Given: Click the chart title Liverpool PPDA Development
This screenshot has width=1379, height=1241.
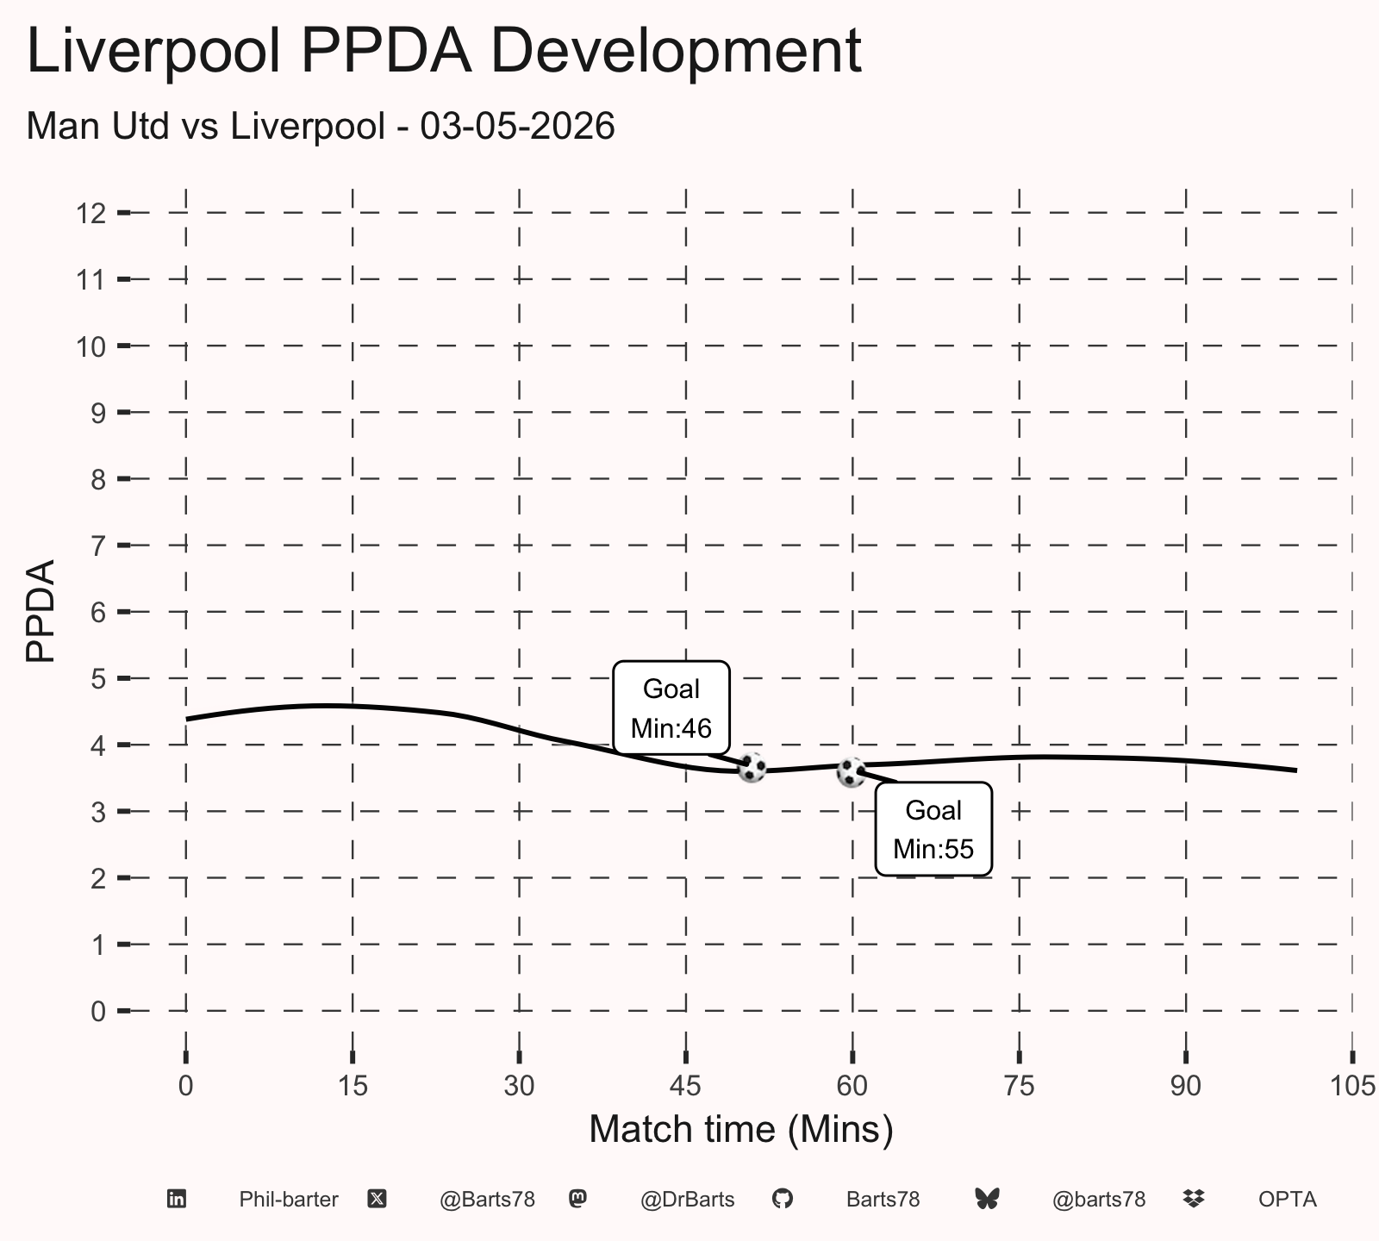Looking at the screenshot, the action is coord(444,52).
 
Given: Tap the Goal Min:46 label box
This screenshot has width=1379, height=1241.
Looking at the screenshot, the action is coord(671,708).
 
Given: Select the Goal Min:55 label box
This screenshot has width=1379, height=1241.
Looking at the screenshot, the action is coord(933,829).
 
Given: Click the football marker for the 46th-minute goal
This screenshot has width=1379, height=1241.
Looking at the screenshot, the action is coord(752,767).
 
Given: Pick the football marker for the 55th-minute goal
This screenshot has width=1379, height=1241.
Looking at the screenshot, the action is coord(852,772).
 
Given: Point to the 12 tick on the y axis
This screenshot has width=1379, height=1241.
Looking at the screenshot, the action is coord(91,213).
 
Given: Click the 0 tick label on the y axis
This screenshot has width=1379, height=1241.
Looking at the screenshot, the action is coord(98,1011).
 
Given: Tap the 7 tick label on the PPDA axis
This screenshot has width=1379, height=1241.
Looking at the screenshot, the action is coord(98,546).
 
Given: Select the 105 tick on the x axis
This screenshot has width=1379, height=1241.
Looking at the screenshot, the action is coord(1352,1086).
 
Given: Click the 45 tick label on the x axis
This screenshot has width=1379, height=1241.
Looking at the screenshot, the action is coord(686,1086).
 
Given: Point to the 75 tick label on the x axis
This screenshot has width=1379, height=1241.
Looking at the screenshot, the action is coord(1019,1086).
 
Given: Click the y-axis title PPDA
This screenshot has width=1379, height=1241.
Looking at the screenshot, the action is coord(41,611).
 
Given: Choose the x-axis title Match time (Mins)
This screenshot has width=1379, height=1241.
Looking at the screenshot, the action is coord(741,1130).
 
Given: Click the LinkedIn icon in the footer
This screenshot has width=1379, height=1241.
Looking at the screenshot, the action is coord(177,1199).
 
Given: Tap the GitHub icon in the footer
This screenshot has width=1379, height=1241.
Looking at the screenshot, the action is coord(782,1199).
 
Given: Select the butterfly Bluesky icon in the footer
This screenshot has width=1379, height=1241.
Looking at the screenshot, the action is coord(987,1199).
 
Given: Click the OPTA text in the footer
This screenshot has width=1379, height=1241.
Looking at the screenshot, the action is coord(1288,1200).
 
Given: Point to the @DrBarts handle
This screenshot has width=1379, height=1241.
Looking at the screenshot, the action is coord(688,1200).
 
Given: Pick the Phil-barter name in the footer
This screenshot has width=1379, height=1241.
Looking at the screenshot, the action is coord(289,1200).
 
